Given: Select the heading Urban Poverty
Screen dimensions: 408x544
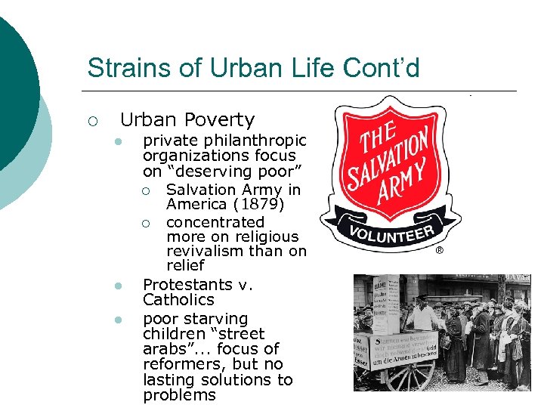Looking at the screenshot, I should click(187, 119).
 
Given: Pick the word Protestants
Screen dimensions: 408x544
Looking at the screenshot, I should click(187, 285).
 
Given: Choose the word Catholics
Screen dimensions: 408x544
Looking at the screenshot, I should click(178, 300).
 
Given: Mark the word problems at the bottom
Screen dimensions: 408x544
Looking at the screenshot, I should click(179, 395).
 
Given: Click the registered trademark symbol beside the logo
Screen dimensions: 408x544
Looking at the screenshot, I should click(439, 250).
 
